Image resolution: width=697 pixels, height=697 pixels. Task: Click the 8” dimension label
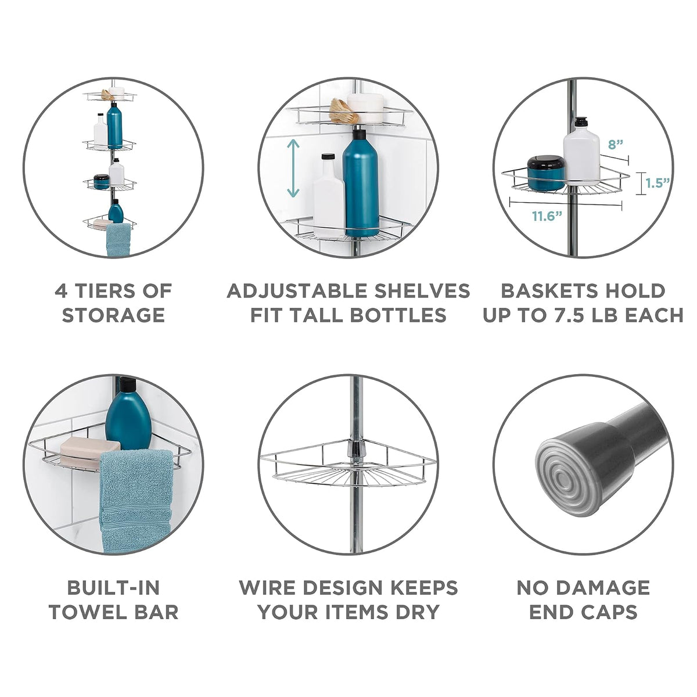click(x=615, y=145)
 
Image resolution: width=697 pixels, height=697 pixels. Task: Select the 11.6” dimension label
click(x=547, y=217)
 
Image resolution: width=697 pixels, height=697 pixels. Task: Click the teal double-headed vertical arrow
click(x=293, y=168)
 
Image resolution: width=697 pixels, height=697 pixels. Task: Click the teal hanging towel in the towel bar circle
click(x=136, y=500)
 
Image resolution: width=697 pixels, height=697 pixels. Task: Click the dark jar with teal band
click(x=545, y=173)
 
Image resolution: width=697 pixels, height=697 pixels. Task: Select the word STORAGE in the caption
click(x=114, y=315)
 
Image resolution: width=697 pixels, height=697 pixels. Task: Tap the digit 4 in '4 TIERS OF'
click(x=60, y=290)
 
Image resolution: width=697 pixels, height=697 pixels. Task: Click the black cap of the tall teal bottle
click(x=360, y=134)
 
